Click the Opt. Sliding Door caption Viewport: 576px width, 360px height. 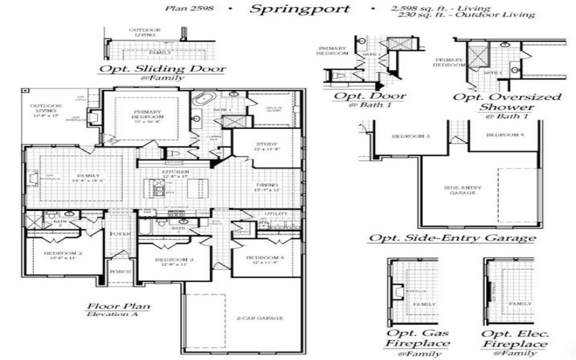[163, 70]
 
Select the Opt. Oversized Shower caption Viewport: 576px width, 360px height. [497, 101]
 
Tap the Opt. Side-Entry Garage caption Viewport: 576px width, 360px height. [452, 238]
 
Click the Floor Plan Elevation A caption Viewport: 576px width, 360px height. [119, 310]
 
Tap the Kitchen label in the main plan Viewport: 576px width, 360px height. [176, 173]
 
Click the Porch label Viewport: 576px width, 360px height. [119, 272]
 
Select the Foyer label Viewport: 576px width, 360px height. [119, 234]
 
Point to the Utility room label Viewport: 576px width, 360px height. [276, 214]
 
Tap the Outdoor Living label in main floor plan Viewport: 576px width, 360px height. [45, 109]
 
